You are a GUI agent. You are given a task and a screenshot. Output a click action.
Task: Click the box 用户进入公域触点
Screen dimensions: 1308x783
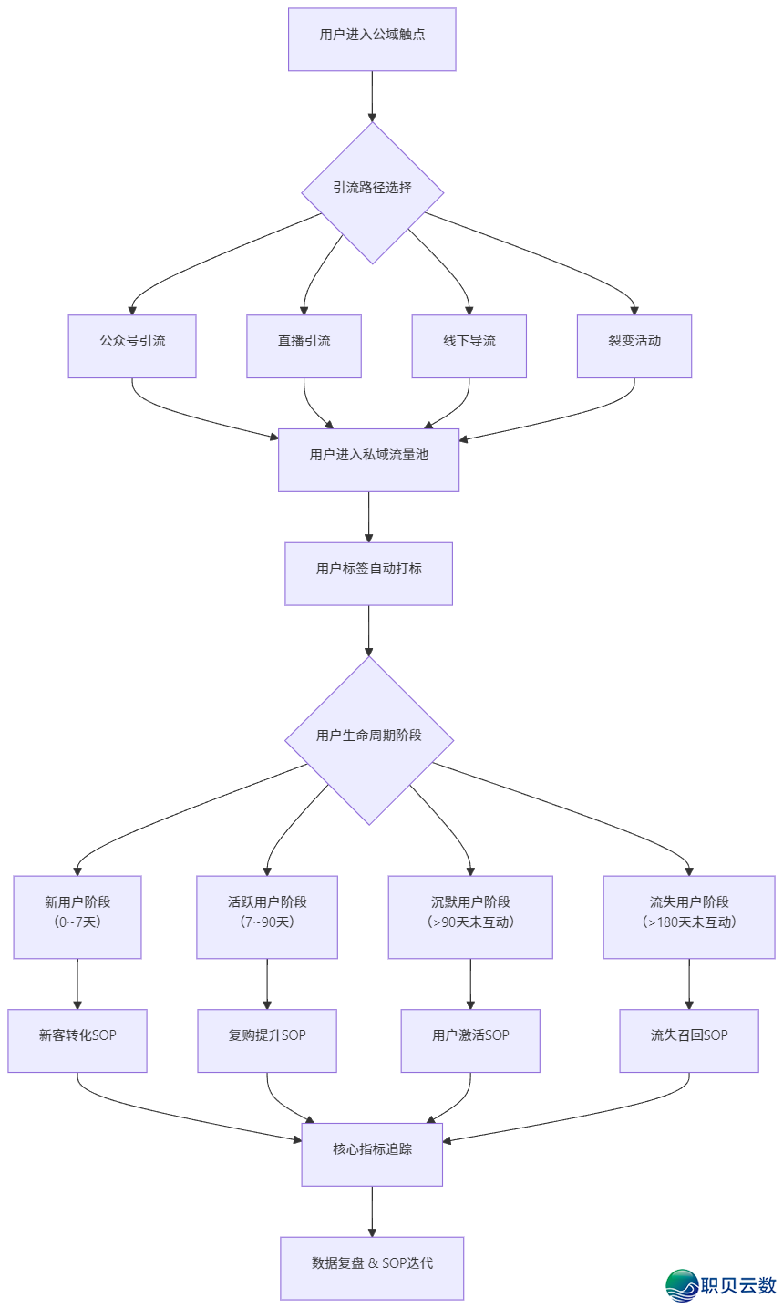click(372, 39)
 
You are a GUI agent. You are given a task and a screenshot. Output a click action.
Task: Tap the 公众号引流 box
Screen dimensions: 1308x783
click(132, 346)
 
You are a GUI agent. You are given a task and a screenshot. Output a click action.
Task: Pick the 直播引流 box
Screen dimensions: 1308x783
click(304, 346)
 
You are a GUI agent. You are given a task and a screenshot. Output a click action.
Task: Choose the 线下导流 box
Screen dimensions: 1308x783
click(469, 346)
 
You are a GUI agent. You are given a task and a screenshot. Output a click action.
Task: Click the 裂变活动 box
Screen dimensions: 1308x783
click(634, 346)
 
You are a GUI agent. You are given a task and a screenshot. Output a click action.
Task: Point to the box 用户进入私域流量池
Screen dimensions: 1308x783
click(369, 459)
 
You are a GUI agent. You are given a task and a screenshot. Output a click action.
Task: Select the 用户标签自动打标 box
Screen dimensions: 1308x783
click(369, 573)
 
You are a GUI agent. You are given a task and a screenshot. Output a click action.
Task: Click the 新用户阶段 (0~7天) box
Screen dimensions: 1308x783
click(77, 917)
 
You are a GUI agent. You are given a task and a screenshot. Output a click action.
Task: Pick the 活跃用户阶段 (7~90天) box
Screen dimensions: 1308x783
click(267, 917)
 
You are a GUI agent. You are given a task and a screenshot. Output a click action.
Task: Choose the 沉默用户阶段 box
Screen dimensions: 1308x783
click(470, 917)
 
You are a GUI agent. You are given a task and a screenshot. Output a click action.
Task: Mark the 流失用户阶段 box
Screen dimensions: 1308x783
click(689, 917)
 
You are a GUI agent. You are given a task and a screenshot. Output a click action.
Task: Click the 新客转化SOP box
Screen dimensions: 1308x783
click(77, 1041)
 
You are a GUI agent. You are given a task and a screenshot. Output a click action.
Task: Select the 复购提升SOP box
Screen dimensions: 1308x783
click(267, 1041)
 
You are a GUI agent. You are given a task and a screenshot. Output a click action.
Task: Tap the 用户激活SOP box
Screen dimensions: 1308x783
click(470, 1041)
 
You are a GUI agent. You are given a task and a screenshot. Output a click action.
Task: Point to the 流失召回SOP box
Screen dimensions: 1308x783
click(689, 1041)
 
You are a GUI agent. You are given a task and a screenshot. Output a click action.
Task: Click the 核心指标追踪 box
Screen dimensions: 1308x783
click(373, 1154)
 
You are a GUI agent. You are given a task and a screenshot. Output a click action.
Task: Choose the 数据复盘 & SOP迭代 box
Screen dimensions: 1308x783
click(372, 1268)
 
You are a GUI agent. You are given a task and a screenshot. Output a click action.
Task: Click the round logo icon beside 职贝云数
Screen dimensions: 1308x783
click(683, 1285)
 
